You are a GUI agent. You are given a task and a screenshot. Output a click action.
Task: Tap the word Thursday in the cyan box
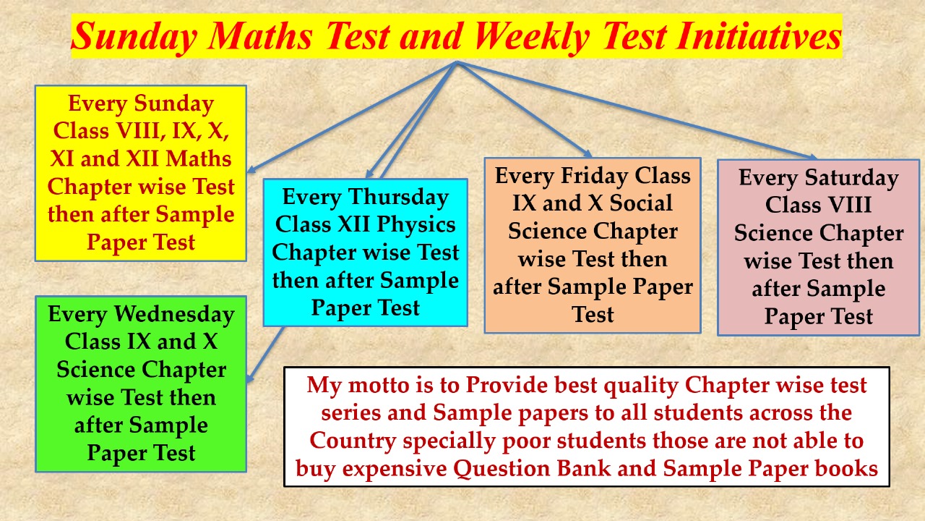click(x=398, y=198)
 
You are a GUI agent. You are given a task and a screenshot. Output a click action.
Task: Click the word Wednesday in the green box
click(x=174, y=314)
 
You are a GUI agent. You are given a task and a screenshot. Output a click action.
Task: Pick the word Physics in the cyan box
click(x=416, y=225)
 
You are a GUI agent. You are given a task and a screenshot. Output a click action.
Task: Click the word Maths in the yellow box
click(x=199, y=158)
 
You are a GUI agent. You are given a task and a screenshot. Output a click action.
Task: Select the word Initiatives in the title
click(x=759, y=36)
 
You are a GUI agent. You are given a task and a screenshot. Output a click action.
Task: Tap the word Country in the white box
click(x=353, y=441)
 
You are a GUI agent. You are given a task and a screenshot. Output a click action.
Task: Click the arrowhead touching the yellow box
click(x=251, y=169)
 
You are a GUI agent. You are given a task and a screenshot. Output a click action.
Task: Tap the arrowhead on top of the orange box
click(x=588, y=153)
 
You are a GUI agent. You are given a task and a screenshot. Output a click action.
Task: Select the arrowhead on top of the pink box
click(x=811, y=156)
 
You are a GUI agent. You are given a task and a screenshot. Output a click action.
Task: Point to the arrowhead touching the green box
click(x=250, y=378)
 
